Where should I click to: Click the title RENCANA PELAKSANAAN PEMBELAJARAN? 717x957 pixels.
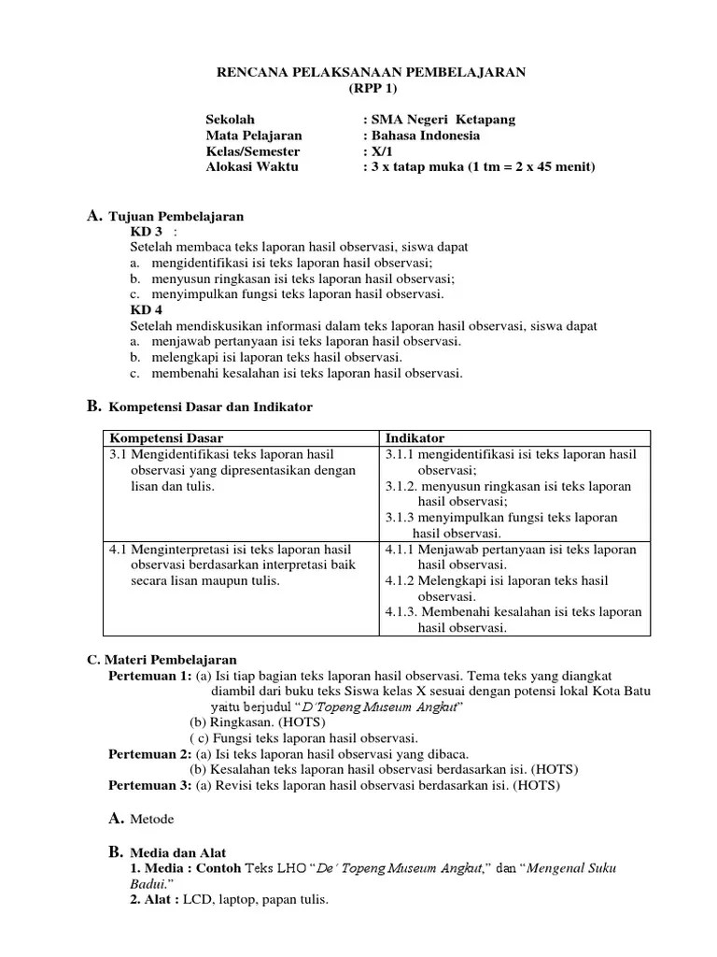click(372, 72)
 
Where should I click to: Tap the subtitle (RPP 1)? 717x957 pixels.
click(372, 88)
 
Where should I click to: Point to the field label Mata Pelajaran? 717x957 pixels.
click(254, 136)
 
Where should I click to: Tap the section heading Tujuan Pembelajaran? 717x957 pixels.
click(176, 216)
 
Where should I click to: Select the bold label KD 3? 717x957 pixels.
click(147, 231)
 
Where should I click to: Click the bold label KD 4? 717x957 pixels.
click(147, 309)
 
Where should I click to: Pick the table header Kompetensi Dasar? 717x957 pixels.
click(167, 438)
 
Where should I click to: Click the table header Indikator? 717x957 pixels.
click(415, 438)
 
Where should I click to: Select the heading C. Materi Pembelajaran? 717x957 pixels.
click(162, 660)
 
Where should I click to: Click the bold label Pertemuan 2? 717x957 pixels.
click(149, 754)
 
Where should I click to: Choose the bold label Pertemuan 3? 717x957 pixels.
click(149, 786)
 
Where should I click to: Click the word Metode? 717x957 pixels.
click(152, 820)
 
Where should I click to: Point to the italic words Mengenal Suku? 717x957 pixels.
click(575, 868)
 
